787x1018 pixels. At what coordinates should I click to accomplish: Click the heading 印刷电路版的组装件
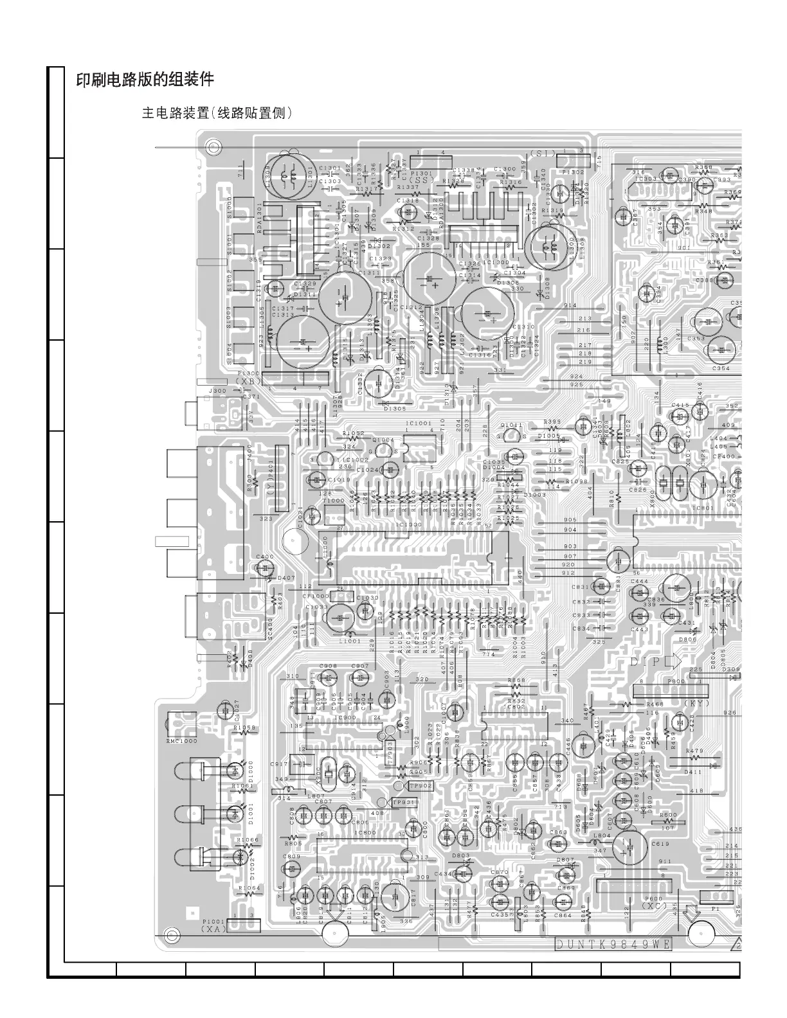(x=145, y=80)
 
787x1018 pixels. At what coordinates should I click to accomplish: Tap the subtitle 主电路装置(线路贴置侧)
(x=217, y=114)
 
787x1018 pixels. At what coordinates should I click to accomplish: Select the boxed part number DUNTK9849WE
(x=613, y=944)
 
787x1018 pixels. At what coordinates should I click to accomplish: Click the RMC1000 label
(x=181, y=741)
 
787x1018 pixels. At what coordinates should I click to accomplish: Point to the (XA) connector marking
(x=212, y=929)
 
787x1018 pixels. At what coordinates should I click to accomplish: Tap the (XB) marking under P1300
(x=249, y=381)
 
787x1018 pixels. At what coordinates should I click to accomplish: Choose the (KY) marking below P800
(x=696, y=703)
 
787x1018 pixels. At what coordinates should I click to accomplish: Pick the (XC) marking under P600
(x=655, y=905)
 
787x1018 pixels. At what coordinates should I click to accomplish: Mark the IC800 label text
(x=365, y=833)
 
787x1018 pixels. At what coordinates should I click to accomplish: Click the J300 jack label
(x=217, y=390)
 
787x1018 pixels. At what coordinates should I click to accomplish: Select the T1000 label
(x=334, y=501)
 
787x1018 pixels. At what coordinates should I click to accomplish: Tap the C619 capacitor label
(x=660, y=844)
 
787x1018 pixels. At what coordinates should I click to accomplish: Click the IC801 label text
(x=703, y=508)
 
